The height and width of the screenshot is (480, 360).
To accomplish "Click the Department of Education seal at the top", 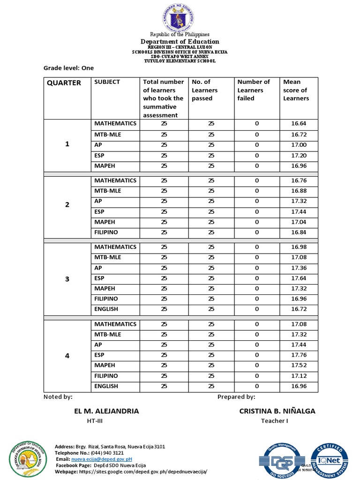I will [180, 18].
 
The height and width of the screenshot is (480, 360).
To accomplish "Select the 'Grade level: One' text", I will [68, 68].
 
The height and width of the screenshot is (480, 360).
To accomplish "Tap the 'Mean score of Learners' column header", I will [296, 90].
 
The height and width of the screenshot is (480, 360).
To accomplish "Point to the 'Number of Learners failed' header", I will [253, 90].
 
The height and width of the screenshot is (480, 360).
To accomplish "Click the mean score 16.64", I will [299, 124].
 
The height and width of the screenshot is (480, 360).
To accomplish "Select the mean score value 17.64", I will [299, 278].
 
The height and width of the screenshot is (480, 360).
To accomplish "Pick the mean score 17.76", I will [299, 355].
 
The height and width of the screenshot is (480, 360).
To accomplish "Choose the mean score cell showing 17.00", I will [299, 145].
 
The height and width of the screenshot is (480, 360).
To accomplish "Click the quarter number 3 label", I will [67, 279].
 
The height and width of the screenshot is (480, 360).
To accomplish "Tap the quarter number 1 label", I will [67, 144].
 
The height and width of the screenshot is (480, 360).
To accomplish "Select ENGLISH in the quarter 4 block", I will [106, 386].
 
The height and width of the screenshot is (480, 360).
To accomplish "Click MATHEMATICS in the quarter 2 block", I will [115, 180].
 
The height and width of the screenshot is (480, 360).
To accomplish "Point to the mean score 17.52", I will [299, 365].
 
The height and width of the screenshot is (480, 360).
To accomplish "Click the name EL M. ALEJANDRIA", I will [106, 411].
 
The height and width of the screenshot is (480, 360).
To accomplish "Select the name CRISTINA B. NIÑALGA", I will [277, 411].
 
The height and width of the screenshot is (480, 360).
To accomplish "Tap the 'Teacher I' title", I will [274, 420].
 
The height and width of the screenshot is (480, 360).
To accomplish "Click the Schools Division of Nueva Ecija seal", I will [28, 460].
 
